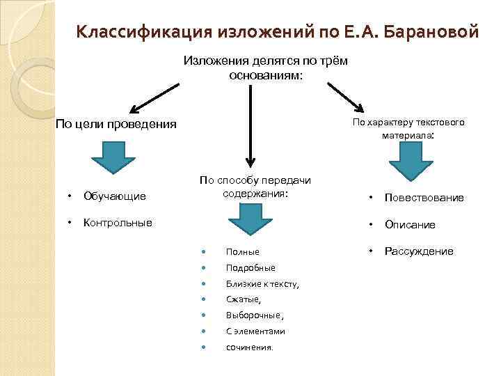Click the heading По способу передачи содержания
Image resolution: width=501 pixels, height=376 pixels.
pos(255,187)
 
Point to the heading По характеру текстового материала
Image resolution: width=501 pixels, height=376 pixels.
pos(408,129)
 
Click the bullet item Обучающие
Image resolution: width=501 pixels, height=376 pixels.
pos(115,196)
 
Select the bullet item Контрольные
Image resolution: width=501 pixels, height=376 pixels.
pos(118,224)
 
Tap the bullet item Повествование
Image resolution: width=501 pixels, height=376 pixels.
pos(424,198)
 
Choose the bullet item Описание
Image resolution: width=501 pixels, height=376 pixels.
pos(410,225)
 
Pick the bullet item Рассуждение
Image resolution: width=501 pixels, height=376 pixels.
pos(419,251)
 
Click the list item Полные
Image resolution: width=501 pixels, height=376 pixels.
pos(243,251)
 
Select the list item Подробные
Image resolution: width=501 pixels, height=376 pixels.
pos(250,267)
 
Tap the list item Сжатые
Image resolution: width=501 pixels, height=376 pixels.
pos(243,299)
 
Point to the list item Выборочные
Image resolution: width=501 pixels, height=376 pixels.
pos(254,315)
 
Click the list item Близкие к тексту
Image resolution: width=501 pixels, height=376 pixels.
pos(262,283)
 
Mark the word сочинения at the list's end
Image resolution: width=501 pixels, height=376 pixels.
pos(249,347)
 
